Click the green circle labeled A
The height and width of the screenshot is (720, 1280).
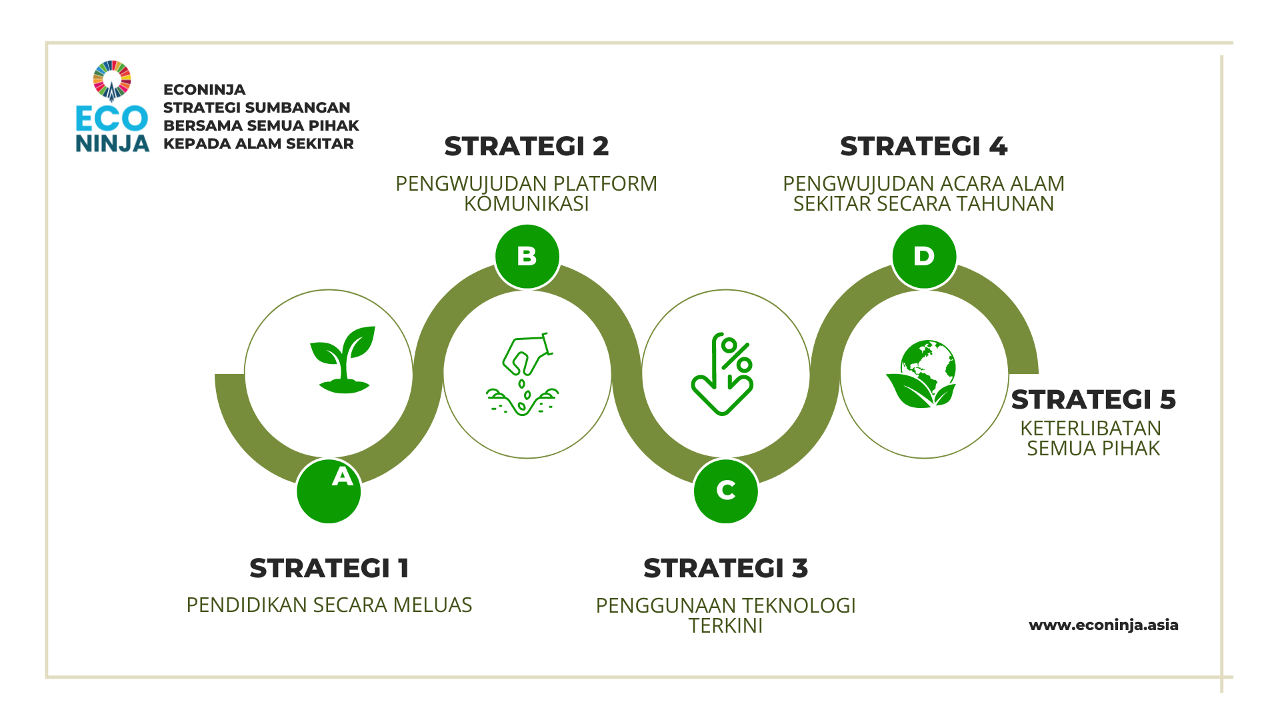(329, 491)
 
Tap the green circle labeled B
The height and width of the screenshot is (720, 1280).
(527, 257)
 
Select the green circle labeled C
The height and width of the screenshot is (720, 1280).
(726, 491)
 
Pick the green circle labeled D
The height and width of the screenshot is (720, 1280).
(924, 257)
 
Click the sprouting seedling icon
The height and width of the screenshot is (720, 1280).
(343, 359)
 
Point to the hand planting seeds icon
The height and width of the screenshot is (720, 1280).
(523, 374)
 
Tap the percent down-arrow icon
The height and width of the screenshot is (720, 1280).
(723, 374)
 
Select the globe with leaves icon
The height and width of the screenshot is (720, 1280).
(921, 374)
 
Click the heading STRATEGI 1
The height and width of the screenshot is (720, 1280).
(329, 569)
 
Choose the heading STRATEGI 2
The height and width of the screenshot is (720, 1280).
(527, 147)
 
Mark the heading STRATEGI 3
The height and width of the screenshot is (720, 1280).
(726, 569)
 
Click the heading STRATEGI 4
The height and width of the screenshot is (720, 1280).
(924, 147)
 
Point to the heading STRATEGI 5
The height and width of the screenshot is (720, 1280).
(1093, 400)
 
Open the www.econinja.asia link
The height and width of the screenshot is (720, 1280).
(1104, 625)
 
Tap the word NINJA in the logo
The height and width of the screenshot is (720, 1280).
(113, 143)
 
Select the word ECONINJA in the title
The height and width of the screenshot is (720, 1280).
(205, 90)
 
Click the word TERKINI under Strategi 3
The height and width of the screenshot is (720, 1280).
(726, 626)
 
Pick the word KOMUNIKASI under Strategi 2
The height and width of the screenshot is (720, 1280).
(527, 204)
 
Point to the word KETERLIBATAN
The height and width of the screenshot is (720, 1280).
(1091, 429)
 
